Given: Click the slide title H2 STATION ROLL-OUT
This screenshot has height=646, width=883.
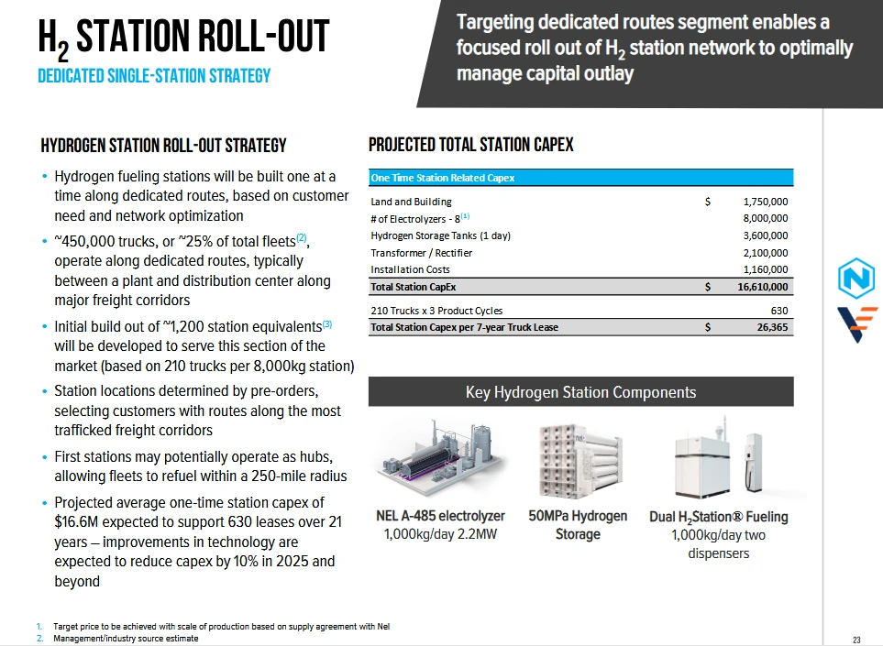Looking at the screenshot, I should click(183, 38).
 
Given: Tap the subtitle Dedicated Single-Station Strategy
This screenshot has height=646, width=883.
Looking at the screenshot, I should click(154, 76).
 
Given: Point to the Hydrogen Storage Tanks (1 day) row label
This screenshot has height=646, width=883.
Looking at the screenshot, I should click(440, 235).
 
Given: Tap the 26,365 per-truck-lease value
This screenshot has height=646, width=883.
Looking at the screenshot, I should click(770, 327).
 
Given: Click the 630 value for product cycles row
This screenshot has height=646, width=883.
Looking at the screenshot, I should click(779, 310).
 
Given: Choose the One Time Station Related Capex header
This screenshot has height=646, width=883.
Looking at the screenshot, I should click(442, 178).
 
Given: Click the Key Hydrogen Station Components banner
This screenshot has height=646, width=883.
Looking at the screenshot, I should click(580, 392).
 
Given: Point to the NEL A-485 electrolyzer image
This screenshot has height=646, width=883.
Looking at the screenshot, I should click(441, 459).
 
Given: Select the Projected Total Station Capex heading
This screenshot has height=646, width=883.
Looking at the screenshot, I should click(470, 145).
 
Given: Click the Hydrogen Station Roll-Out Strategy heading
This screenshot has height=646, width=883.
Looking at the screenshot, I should click(163, 146).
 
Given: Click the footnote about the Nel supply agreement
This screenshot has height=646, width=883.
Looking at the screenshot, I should click(221, 627).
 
